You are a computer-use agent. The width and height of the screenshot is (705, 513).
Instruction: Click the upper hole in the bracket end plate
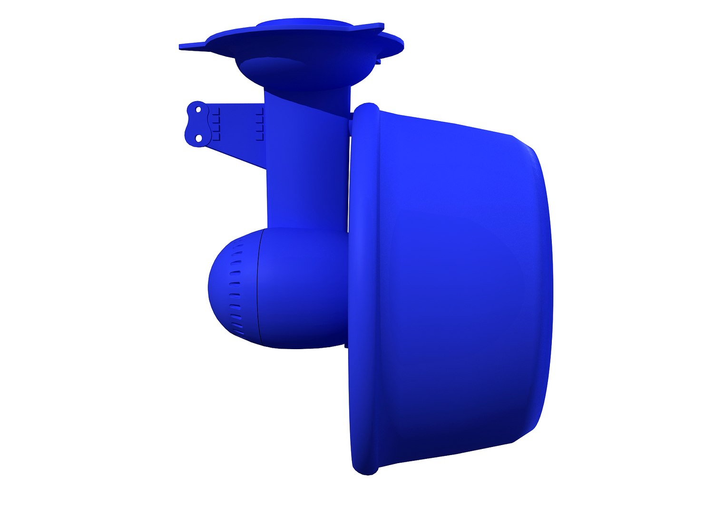pos(198,110)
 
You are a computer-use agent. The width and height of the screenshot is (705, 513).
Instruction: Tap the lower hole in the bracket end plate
pos(199,138)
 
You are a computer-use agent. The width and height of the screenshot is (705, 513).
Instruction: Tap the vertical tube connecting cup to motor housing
pos(304,166)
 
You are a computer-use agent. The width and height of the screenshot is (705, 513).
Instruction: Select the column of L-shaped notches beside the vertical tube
pos(259,124)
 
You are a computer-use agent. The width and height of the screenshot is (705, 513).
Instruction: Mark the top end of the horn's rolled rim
pos(366,107)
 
